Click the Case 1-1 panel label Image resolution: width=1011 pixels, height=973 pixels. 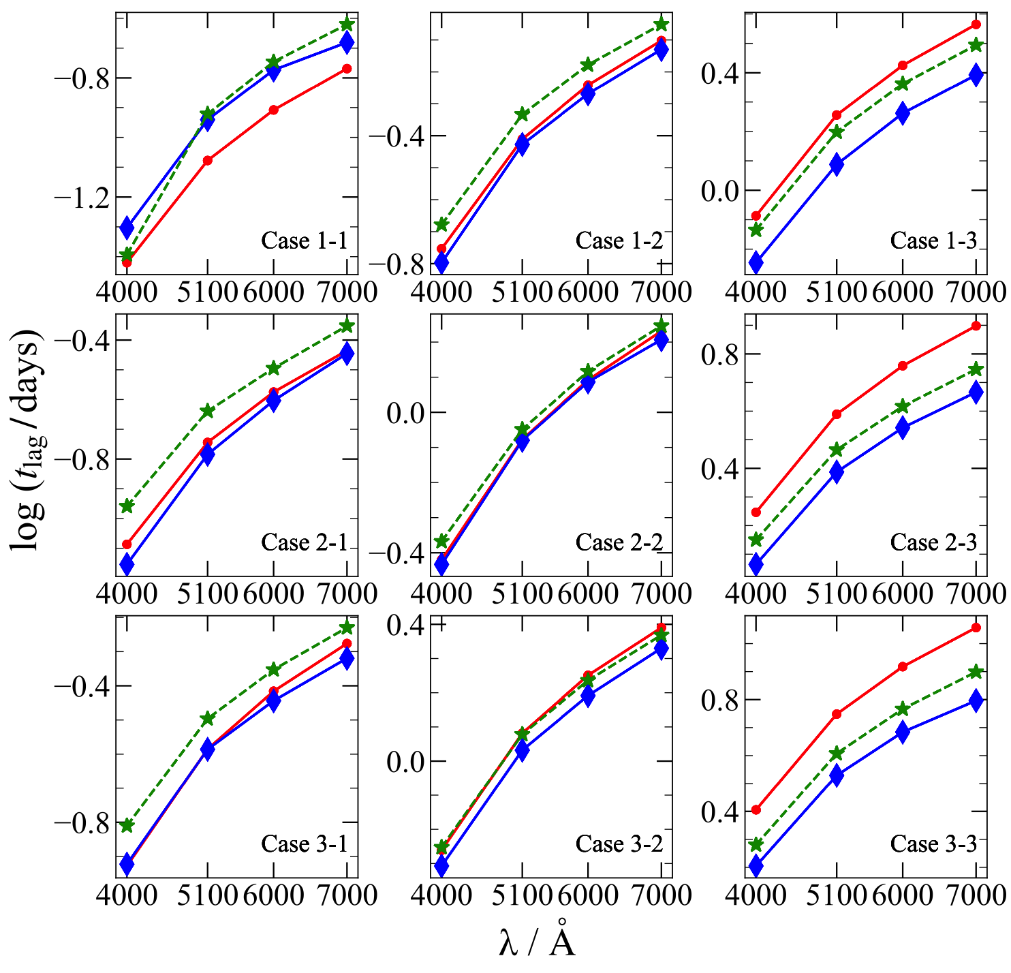click(x=305, y=241)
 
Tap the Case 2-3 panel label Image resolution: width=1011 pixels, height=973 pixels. click(x=933, y=542)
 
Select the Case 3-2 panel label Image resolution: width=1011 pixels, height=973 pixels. click(x=619, y=844)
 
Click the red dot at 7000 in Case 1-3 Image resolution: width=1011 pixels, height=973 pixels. click(x=976, y=25)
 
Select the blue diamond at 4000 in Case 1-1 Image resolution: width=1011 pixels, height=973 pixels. click(x=127, y=228)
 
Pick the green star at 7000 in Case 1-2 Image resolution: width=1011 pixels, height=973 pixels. click(x=661, y=25)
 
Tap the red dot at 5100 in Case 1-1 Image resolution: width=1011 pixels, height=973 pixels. click(x=208, y=161)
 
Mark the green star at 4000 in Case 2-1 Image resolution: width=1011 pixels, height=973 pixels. click(x=127, y=506)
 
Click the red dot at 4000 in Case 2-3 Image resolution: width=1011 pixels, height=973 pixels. click(x=756, y=512)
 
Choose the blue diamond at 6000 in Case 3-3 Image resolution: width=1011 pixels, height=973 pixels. click(x=903, y=732)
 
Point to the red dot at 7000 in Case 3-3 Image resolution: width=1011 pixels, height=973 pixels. click(x=976, y=628)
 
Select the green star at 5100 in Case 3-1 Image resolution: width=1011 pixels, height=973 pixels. click(x=208, y=719)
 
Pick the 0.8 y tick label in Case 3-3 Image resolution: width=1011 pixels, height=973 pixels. click(x=721, y=700)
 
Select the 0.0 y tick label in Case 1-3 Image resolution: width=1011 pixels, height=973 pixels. click(x=721, y=191)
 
